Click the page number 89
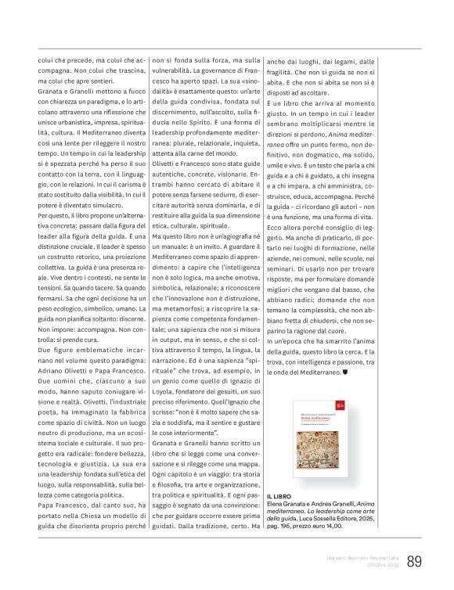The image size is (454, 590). point(415,560)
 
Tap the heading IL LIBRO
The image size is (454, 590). point(280,497)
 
